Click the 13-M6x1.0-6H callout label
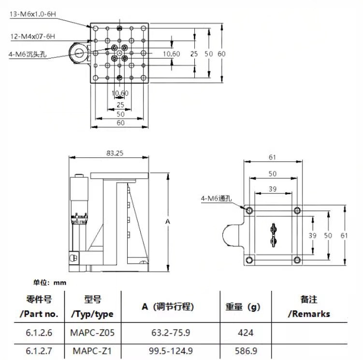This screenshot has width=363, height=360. pyautogui.click(x=33, y=14)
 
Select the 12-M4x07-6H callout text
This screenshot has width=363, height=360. pyautogui.click(x=33, y=36)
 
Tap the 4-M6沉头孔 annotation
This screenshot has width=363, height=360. pyautogui.click(x=28, y=54)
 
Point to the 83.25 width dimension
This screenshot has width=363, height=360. pyautogui.click(x=115, y=153)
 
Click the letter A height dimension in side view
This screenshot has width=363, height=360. pyautogui.click(x=168, y=222)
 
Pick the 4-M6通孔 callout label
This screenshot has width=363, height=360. pyautogui.click(x=216, y=198)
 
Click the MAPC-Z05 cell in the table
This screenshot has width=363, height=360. pyautogui.click(x=92, y=333)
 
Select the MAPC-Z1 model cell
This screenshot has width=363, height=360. pyautogui.click(x=92, y=351)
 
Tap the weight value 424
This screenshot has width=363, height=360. pyautogui.click(x=246, y=333)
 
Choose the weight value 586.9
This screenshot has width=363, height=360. pyautogui.click(x=246, y=351)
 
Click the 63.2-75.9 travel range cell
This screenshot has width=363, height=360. pyautogui.click(x=171, y=333)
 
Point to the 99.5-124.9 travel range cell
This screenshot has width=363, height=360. pyautogui.click(x=171, y=351)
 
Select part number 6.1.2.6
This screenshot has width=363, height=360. pyautogui.click(x=39, y=333)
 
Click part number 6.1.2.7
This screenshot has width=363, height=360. pyautogui.click(x=39, y=351)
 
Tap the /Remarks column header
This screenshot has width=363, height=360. pyautogui.click(x=309, y=314)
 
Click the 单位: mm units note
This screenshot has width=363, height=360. pyautogui.click(x=50, y=283)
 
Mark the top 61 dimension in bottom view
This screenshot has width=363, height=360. pyautogui.click(x=273, y=157)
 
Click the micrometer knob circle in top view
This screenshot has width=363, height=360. pyautogui.click(x=79, y=53)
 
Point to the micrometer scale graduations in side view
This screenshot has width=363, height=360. pyautogui.click(x=79, y=218)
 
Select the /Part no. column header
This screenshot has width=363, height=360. pyautogui.click(x=39, y=314)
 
